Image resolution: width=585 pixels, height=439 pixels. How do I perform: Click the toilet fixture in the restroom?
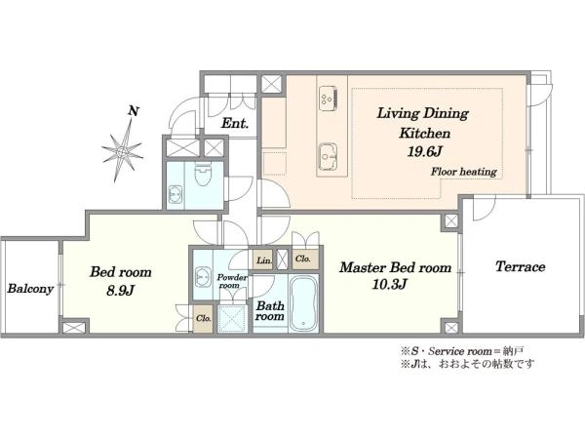coord(203,174)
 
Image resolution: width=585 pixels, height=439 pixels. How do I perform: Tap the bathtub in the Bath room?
coord(304,303)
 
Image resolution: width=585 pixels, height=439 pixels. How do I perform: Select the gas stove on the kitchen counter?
coord(329,99)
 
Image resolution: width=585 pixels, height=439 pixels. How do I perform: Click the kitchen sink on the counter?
coord(328,156)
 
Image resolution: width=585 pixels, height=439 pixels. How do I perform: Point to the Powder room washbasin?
coord(203,277)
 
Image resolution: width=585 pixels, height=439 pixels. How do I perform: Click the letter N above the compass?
coord(134,111)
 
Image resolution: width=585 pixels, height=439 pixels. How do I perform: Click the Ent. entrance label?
coord(235,124)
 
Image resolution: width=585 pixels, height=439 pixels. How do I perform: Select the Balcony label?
coord(30,289)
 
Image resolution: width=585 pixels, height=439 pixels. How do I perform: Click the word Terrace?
coord(520,266)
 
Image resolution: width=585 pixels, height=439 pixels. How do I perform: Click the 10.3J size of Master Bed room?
coord(389,285)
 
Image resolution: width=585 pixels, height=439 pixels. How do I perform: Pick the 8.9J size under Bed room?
coord(120,290)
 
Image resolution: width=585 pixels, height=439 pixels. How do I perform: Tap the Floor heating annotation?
coord(464,172)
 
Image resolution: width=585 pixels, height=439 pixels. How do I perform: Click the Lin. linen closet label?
coord(264,260)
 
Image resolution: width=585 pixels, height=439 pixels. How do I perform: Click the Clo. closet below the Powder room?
coord(204,318)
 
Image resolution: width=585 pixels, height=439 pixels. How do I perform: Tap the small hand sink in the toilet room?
coord(175,194)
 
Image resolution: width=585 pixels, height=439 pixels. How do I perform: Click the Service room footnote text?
coord(462,351)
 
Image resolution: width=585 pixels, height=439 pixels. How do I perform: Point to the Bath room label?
coord(270,311)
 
